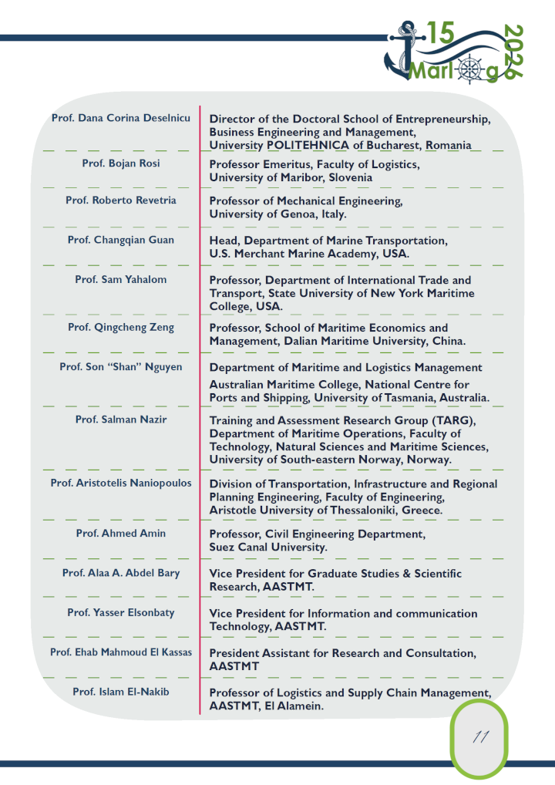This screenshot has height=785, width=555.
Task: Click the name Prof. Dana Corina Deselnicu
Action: pyautogui.click(x=120, y=118)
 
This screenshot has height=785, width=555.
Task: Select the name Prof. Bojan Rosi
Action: pyautogui.click(x=121, y=163)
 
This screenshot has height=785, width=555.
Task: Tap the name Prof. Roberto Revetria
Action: pyautogui.click(x=121, y=200)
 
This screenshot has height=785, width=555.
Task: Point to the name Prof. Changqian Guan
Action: pyautogui.click(x=121, y=240)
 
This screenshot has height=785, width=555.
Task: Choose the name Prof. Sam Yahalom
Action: pyautogui.click(x=121, y=279)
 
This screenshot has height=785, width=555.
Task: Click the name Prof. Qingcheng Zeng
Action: pyautogui.click(x=121, y=327)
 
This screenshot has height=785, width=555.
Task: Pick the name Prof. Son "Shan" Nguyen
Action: pyautogui.click(x=121, y=367)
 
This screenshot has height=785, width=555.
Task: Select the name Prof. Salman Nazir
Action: pyautogui.click(x=121, y=419)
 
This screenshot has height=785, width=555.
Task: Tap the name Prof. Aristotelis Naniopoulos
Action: pyautogui.click(x=121, y=483)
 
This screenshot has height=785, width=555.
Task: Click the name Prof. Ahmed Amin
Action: pyautogui.click(x=121, y=533)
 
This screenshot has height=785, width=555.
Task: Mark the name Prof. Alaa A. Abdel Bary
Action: pyautogui.click(x=121, y=573)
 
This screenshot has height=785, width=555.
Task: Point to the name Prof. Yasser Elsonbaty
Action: pyautogui.click(x=121, y=612)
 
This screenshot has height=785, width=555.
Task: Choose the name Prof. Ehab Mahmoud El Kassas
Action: pyautogui.click(x=121, y=652)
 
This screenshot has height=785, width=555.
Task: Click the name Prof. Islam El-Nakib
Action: pyautogui.click(x=121, y=692)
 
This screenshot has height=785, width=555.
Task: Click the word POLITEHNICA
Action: pyautogui.click(x=308, y=145)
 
